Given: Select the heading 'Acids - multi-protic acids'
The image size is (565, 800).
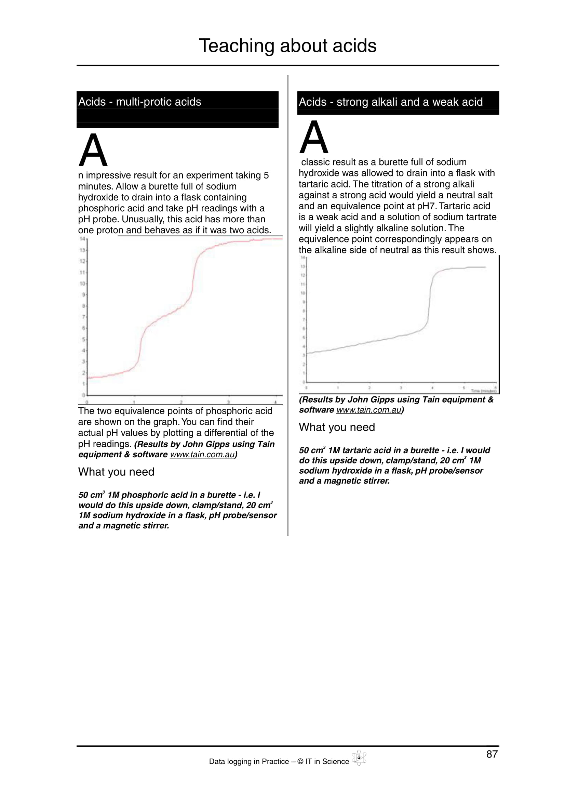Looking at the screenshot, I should pyautogui.click(x=139, y=102).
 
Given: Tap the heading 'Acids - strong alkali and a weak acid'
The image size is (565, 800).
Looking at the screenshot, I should pyautogui.click(x=391, y=102).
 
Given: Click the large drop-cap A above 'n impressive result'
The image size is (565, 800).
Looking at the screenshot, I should pyautogui.click(x=93, y=150).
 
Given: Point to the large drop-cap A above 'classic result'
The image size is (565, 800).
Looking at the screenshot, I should pyautogui.click(x=314, y=137).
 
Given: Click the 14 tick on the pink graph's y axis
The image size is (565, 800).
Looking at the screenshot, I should pyautogui.click(x=82, y=239).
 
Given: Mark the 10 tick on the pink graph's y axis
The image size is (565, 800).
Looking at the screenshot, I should pyautogui.click(x=82, y=284).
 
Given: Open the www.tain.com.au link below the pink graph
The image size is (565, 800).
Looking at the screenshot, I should pyautogui.click(x=202, y=455).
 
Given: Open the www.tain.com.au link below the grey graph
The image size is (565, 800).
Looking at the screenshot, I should pyautogui.click(x=369, y=410).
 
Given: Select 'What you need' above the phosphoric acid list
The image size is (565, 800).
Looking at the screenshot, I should pyautogui.click(x=116, y=472).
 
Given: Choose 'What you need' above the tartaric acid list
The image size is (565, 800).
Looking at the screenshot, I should pyautogui.click(x=337, y=427).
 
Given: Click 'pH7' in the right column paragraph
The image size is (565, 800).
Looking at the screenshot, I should pyautogui.click(x=426, y=206).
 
